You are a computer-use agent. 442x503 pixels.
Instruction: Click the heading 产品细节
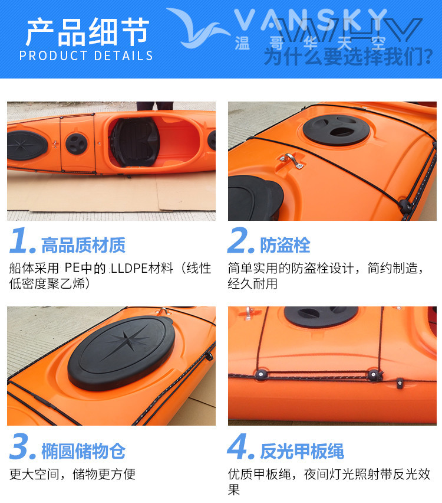point(87,32)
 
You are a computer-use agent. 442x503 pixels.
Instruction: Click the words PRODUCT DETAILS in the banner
point(86,56)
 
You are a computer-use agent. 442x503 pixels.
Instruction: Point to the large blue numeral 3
point(22,446)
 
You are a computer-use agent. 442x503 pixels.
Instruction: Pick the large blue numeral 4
point(240,446)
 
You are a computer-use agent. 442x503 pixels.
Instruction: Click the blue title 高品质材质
point(83,246)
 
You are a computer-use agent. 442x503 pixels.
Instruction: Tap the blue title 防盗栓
point(285,246)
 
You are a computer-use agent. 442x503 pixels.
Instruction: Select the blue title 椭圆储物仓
point(83,451)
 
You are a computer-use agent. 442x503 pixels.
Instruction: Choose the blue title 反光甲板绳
point(302,451)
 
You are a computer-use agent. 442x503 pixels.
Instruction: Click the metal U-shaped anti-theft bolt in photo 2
point(291,160)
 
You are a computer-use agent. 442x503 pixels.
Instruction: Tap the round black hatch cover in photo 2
point(336,130)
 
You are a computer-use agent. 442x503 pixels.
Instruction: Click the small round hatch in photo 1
point(77,143)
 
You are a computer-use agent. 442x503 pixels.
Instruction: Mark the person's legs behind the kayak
point(155,106)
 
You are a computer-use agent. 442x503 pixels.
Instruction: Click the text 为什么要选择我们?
point(348,57)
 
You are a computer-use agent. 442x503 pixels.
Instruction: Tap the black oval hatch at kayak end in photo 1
point(27,145)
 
